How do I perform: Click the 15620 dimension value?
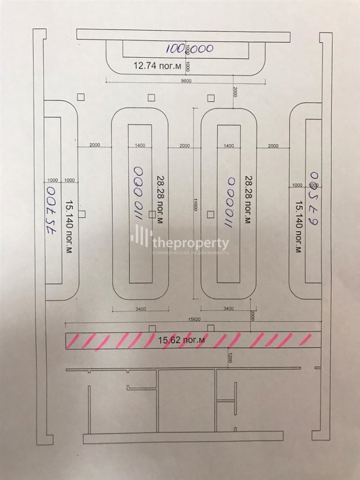point(193,320)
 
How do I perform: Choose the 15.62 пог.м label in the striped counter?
point(182,340)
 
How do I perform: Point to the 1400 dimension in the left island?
point(139,146)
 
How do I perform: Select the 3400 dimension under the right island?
point(229,309)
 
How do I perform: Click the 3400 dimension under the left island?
point(140,309)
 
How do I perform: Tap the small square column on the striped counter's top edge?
point(152,328)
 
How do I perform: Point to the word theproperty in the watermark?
point(190,243)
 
